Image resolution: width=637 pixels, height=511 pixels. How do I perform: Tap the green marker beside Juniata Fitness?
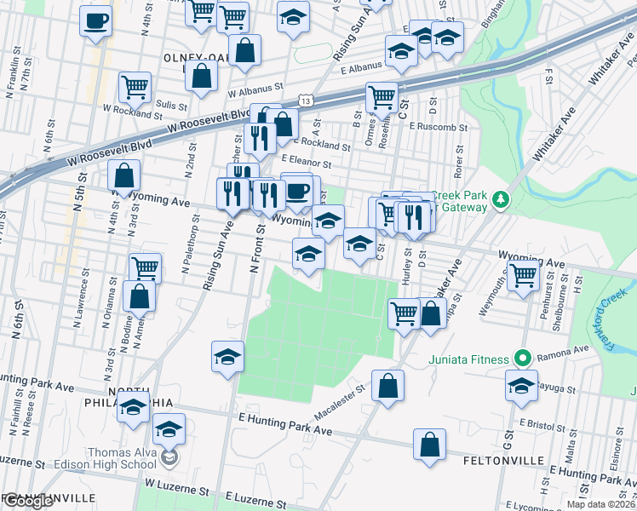click(x=526, y=359)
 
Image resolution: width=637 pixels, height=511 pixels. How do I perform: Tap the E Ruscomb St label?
click(x=438, y=126)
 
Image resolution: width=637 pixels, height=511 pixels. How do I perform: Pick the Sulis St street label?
click(x=171, y=104)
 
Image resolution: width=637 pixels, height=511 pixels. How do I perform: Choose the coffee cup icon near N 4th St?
click(x=96, y=19)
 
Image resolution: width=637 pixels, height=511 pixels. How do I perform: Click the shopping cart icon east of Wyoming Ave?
click(x=523, y=273)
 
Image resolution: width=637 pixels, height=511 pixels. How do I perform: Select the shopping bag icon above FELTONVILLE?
click(x=430, y=442)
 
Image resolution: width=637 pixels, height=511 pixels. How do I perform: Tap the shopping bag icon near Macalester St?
click(x=387, y=384)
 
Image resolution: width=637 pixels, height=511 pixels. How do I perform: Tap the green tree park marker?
click(x=502, y=200)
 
